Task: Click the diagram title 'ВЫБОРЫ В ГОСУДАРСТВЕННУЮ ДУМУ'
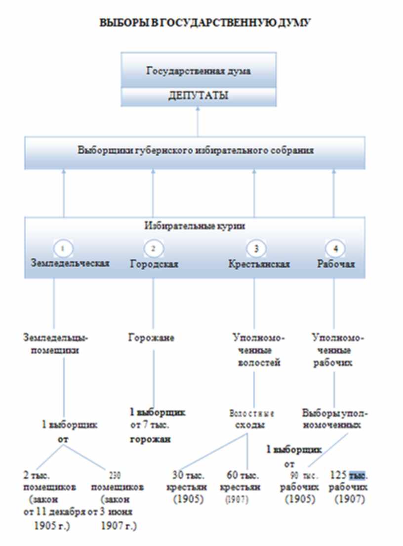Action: [205, 23]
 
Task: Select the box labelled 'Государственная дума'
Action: [198, 70]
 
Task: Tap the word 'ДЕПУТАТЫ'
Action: [198, 96]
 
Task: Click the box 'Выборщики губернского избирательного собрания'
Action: [196, 151]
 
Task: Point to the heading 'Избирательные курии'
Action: [196, 226]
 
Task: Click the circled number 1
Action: [67, 248]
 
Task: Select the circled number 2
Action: [153, 248]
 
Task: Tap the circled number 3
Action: [255, 248]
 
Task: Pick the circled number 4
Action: [334, 248]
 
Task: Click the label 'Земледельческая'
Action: [70, 263]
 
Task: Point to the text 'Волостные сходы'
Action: [252, 418]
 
